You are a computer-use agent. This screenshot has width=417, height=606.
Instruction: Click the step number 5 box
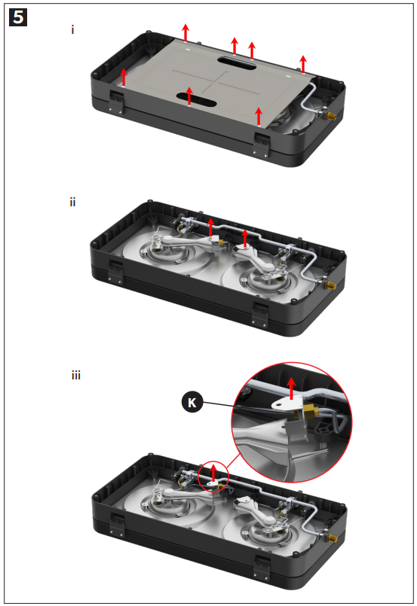(x=18, y=17)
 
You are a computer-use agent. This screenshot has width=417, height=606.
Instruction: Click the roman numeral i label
(x=72, y=29)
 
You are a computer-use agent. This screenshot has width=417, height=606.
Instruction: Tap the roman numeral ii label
(x=73, y=203)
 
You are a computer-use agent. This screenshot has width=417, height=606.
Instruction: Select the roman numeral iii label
(x=76, y=376)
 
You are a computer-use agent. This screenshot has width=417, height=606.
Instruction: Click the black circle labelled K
(x=192, y=402)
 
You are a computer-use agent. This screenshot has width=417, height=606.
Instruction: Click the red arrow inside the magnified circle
(x=291, y=388)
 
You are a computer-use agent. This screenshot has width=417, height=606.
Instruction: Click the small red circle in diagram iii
(x=213, y=477)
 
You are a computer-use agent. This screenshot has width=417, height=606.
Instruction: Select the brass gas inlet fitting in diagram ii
(x=330, y=285)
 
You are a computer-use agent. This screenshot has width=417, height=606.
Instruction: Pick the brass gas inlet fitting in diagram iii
(x=332, y=537)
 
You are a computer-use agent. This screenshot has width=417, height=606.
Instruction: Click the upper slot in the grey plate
(x=237, y=62)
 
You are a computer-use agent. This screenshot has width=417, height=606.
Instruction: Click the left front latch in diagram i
(x=117, y=102)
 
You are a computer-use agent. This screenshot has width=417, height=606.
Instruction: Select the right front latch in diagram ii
(x=260, y=314)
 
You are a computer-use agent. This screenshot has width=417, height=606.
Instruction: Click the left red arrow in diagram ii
(x=210, y=227)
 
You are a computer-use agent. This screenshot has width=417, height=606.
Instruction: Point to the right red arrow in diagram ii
(x=245, y=239)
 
